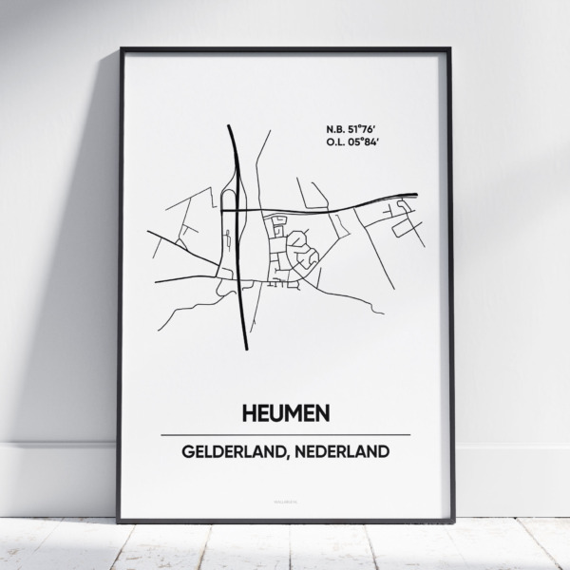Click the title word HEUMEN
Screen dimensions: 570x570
[x=285, y=414]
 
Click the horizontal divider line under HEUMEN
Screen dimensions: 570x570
[x=285, y=434]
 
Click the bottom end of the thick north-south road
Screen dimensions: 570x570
[x=247, y=348]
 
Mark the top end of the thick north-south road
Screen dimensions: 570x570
[x=231, y=124]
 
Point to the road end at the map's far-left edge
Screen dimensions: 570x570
[x=148, y=232]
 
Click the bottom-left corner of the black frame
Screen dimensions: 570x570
[x=120, y=521]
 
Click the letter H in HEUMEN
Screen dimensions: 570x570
[x=238, y=414]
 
